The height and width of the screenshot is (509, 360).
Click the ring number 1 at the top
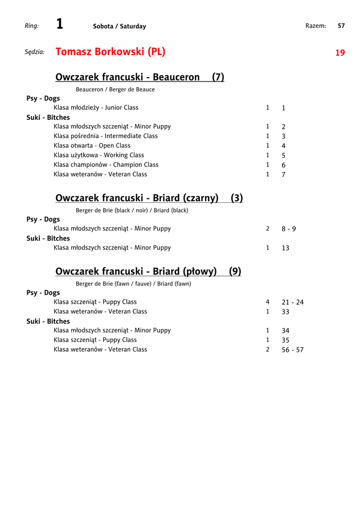(60, 24)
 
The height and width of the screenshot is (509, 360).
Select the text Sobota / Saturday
(119, 26)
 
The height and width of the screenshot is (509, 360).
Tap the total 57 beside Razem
(341, 26)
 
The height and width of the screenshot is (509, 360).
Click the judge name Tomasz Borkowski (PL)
(110, 52)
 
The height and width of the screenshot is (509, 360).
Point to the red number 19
(340, 53)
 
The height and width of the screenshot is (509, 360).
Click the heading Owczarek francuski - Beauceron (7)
(140, 77)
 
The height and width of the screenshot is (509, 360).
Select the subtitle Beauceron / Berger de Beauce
(115, 89)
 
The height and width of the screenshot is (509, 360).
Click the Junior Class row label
(96, 107)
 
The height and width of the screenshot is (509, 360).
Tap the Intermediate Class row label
(105, 136)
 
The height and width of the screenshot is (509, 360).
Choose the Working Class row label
(99, 155)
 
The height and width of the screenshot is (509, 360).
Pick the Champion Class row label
(106, 165)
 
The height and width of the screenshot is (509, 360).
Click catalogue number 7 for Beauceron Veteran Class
(283, 175)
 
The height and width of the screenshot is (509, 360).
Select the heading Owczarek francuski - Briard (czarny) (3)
(149, 198)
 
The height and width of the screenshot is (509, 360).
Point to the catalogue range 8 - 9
(288, 229)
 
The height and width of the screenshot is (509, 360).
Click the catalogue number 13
(285, 248)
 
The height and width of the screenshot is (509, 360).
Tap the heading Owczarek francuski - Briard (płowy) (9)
(148, 271)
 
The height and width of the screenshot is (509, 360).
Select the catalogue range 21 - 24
(292, 302)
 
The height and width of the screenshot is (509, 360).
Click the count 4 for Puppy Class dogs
(268, 302)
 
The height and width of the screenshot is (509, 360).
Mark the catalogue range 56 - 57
(292, 350)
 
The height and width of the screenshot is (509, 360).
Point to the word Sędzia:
(35, 52)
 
